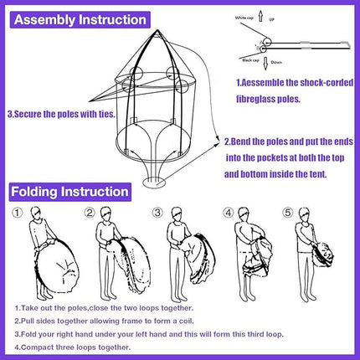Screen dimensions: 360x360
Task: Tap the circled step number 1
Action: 18,212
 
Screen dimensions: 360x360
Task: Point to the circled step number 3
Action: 157,212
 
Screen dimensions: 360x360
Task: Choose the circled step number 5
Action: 289,212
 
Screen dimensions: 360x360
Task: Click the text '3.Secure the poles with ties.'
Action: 56,112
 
